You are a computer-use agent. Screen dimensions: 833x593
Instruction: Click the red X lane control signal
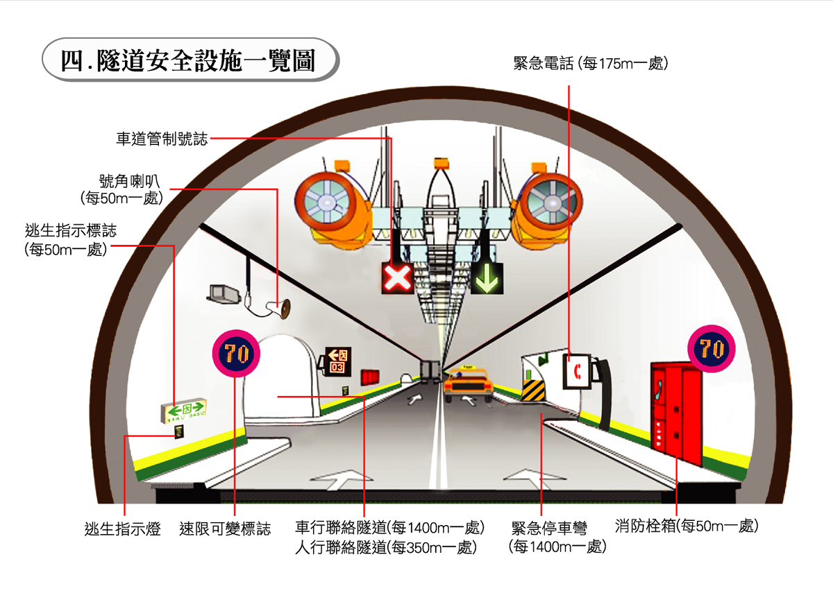pyautogui.click(x=398, y=278)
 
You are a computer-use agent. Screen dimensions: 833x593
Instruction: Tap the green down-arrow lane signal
pyautogui.click(x=487, y=278)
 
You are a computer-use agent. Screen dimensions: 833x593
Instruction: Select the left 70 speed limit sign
pyautogui.click(x=236, y=353)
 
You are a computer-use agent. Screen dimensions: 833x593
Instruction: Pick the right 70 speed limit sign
pyautogui.click(x=712, y=348)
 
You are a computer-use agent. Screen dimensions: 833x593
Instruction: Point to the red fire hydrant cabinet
pyautogui.click(x=676, y=413)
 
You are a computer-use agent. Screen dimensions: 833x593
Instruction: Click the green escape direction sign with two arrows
pyautogui.click(x=184, y=411)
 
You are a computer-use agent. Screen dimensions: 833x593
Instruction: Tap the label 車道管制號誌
pyautogui.click(x=162, y=139)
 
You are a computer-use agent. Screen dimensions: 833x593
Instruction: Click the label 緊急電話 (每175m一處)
pyautogui.click(x=591, y=64)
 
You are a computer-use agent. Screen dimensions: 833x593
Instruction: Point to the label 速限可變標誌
pyautogui.click(x=225, y=529)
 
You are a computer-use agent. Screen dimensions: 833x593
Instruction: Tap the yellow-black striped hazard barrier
pyautogui.click(x=533, y=390)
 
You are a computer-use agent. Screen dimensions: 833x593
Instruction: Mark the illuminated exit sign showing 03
pyautogui.click(x=338, y=361)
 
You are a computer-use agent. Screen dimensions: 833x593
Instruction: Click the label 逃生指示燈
pyautogui.click(x=123, y=529)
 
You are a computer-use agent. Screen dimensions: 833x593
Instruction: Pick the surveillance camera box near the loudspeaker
pyautogui.click(x=224, y=293)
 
